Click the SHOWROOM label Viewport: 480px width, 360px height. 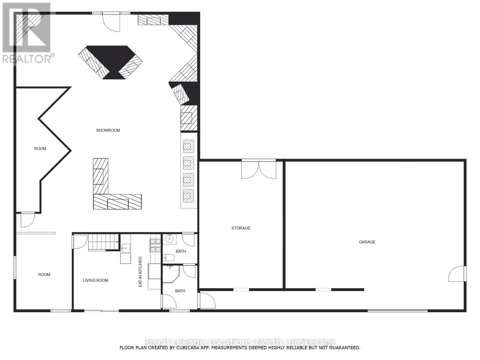click(x=108, y=130)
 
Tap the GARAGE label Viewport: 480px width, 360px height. click(x=367, y=242)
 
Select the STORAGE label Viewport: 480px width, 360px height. click(x=241, y=228)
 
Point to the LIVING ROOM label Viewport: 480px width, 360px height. click(x=96, y=280)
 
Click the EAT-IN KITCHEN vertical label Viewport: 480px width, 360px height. click(x=140, y=272)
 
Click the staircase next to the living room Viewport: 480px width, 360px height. click(x=103, y=242)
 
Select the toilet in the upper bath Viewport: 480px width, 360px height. click(x=169, y=258)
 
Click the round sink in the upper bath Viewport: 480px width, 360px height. click(x=169, y=239)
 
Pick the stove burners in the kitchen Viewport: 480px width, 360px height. click(x=155, y=245)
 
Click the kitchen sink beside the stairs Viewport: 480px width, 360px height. click(x=125, y=248)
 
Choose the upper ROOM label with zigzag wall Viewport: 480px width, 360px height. click(x=40, y=148)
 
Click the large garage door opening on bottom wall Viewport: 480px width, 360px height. click(x=397, y=310)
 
